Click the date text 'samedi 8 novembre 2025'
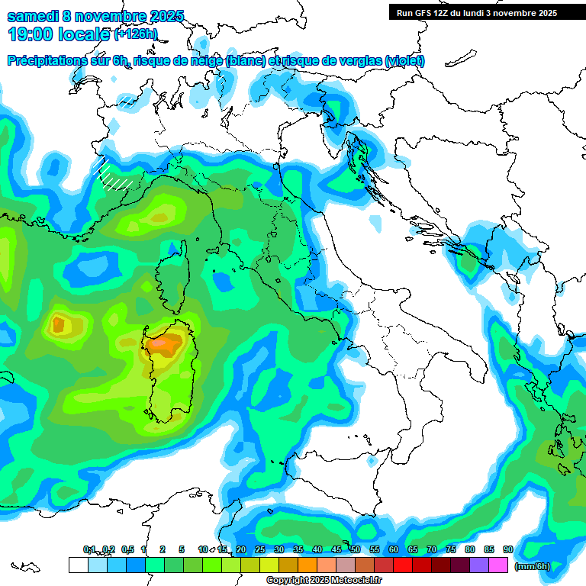pyautogui.click(x=95, y=16)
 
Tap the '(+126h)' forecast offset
pyautogui.click(x=136, y=34)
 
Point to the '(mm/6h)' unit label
pyautogui.click(x=533, y=565)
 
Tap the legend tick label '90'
pyautogui.click(x=507, y=549)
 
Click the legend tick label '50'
pyautogui.click(x=355, y=549)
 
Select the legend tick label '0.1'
pyautogui.click(x=89, y=549)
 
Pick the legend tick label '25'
pyautogui.click(x=259, y=549)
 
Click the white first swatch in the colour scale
pyautogui.click(x=78, y=565)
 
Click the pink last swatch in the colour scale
pyautogui.click(x=498, y=565)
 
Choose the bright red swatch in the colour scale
pyautogui.click(x=403, y=565)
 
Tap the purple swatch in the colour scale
pyautogui.click(x=479, y=565)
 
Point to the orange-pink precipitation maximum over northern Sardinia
pyautogui.click(x=162, y=344)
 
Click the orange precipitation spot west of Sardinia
pyautogui.click(x=58, y=325)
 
